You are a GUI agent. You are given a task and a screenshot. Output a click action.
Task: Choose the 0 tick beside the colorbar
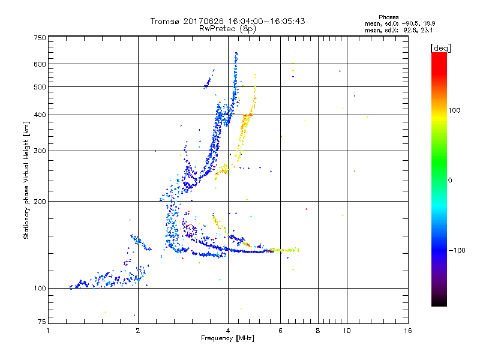pyautogui.click(x=450, y=180)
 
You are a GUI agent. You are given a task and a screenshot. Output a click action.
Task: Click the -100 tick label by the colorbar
pyautogui.click(x=456, y=250)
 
